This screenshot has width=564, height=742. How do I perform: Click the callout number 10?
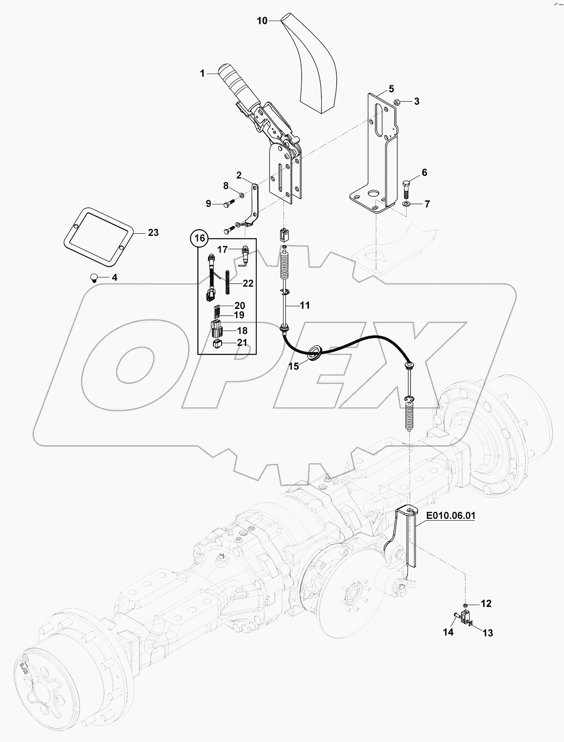tap(262, 21)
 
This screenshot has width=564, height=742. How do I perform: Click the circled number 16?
tap(200, 239)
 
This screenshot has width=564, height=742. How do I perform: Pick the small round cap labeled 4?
tap(93, 277)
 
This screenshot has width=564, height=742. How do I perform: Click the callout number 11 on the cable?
tap(305, 305)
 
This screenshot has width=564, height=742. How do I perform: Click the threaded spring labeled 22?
tap(229, 283)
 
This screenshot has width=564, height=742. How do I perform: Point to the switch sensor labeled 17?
tap(245, 256)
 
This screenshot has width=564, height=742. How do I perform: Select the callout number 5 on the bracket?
tap(391, 89)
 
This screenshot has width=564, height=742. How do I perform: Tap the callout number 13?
tap(487, 633)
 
